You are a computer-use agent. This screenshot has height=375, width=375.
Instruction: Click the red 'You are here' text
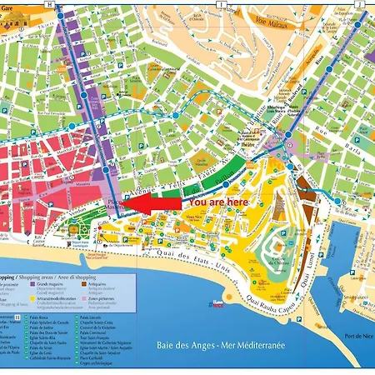tap(218, 201)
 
